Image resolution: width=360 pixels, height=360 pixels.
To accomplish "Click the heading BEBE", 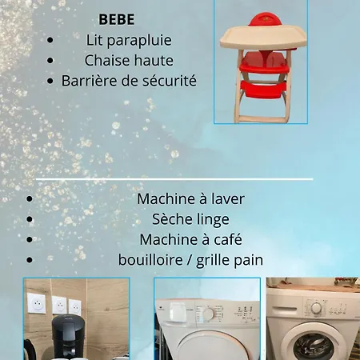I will pyautogui.click(x=116, y=19).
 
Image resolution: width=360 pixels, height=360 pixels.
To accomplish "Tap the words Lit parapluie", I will pyautogui.click(x=128, y=39).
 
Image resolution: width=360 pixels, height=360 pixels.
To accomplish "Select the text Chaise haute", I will pyautogui.click(x=128, y=60).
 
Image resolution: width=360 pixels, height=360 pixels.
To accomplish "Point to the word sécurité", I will pyautogui.click(x=167, y=81).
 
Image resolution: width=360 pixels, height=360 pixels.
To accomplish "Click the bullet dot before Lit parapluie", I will pyautogui.click(x=51, y=39).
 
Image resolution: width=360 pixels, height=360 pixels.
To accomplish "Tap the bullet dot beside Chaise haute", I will pyautogui.click(x=51, y=60).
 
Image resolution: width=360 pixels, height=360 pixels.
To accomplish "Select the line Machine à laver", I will pyautogui.click(x=190, y=198).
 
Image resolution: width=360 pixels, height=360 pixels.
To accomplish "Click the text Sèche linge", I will pyautogui.click(x=190, y=219).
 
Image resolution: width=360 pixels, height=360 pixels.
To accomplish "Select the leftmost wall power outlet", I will pyautogui.click(x=36, y=304).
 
